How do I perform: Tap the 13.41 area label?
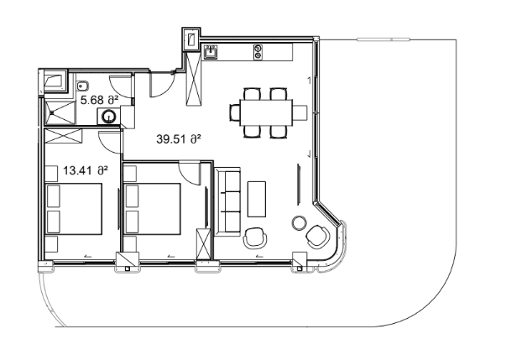pyautogui.click(x=86, y=170)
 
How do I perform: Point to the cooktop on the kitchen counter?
pyautogui.click(x=258, y=54)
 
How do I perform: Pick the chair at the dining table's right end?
pyautogui.click(x=299, y=111)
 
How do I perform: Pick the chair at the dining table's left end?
pyautogui.click(x=235, y=111)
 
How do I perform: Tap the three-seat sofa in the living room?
pyautogui.click(x=228, y=201)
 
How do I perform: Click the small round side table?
pyautogui.click(x=298, y=223)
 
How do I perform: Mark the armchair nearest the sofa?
pyautogui.click(x=255, y=239)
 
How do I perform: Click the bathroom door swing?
pyautogui.click(x=121, y=86)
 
